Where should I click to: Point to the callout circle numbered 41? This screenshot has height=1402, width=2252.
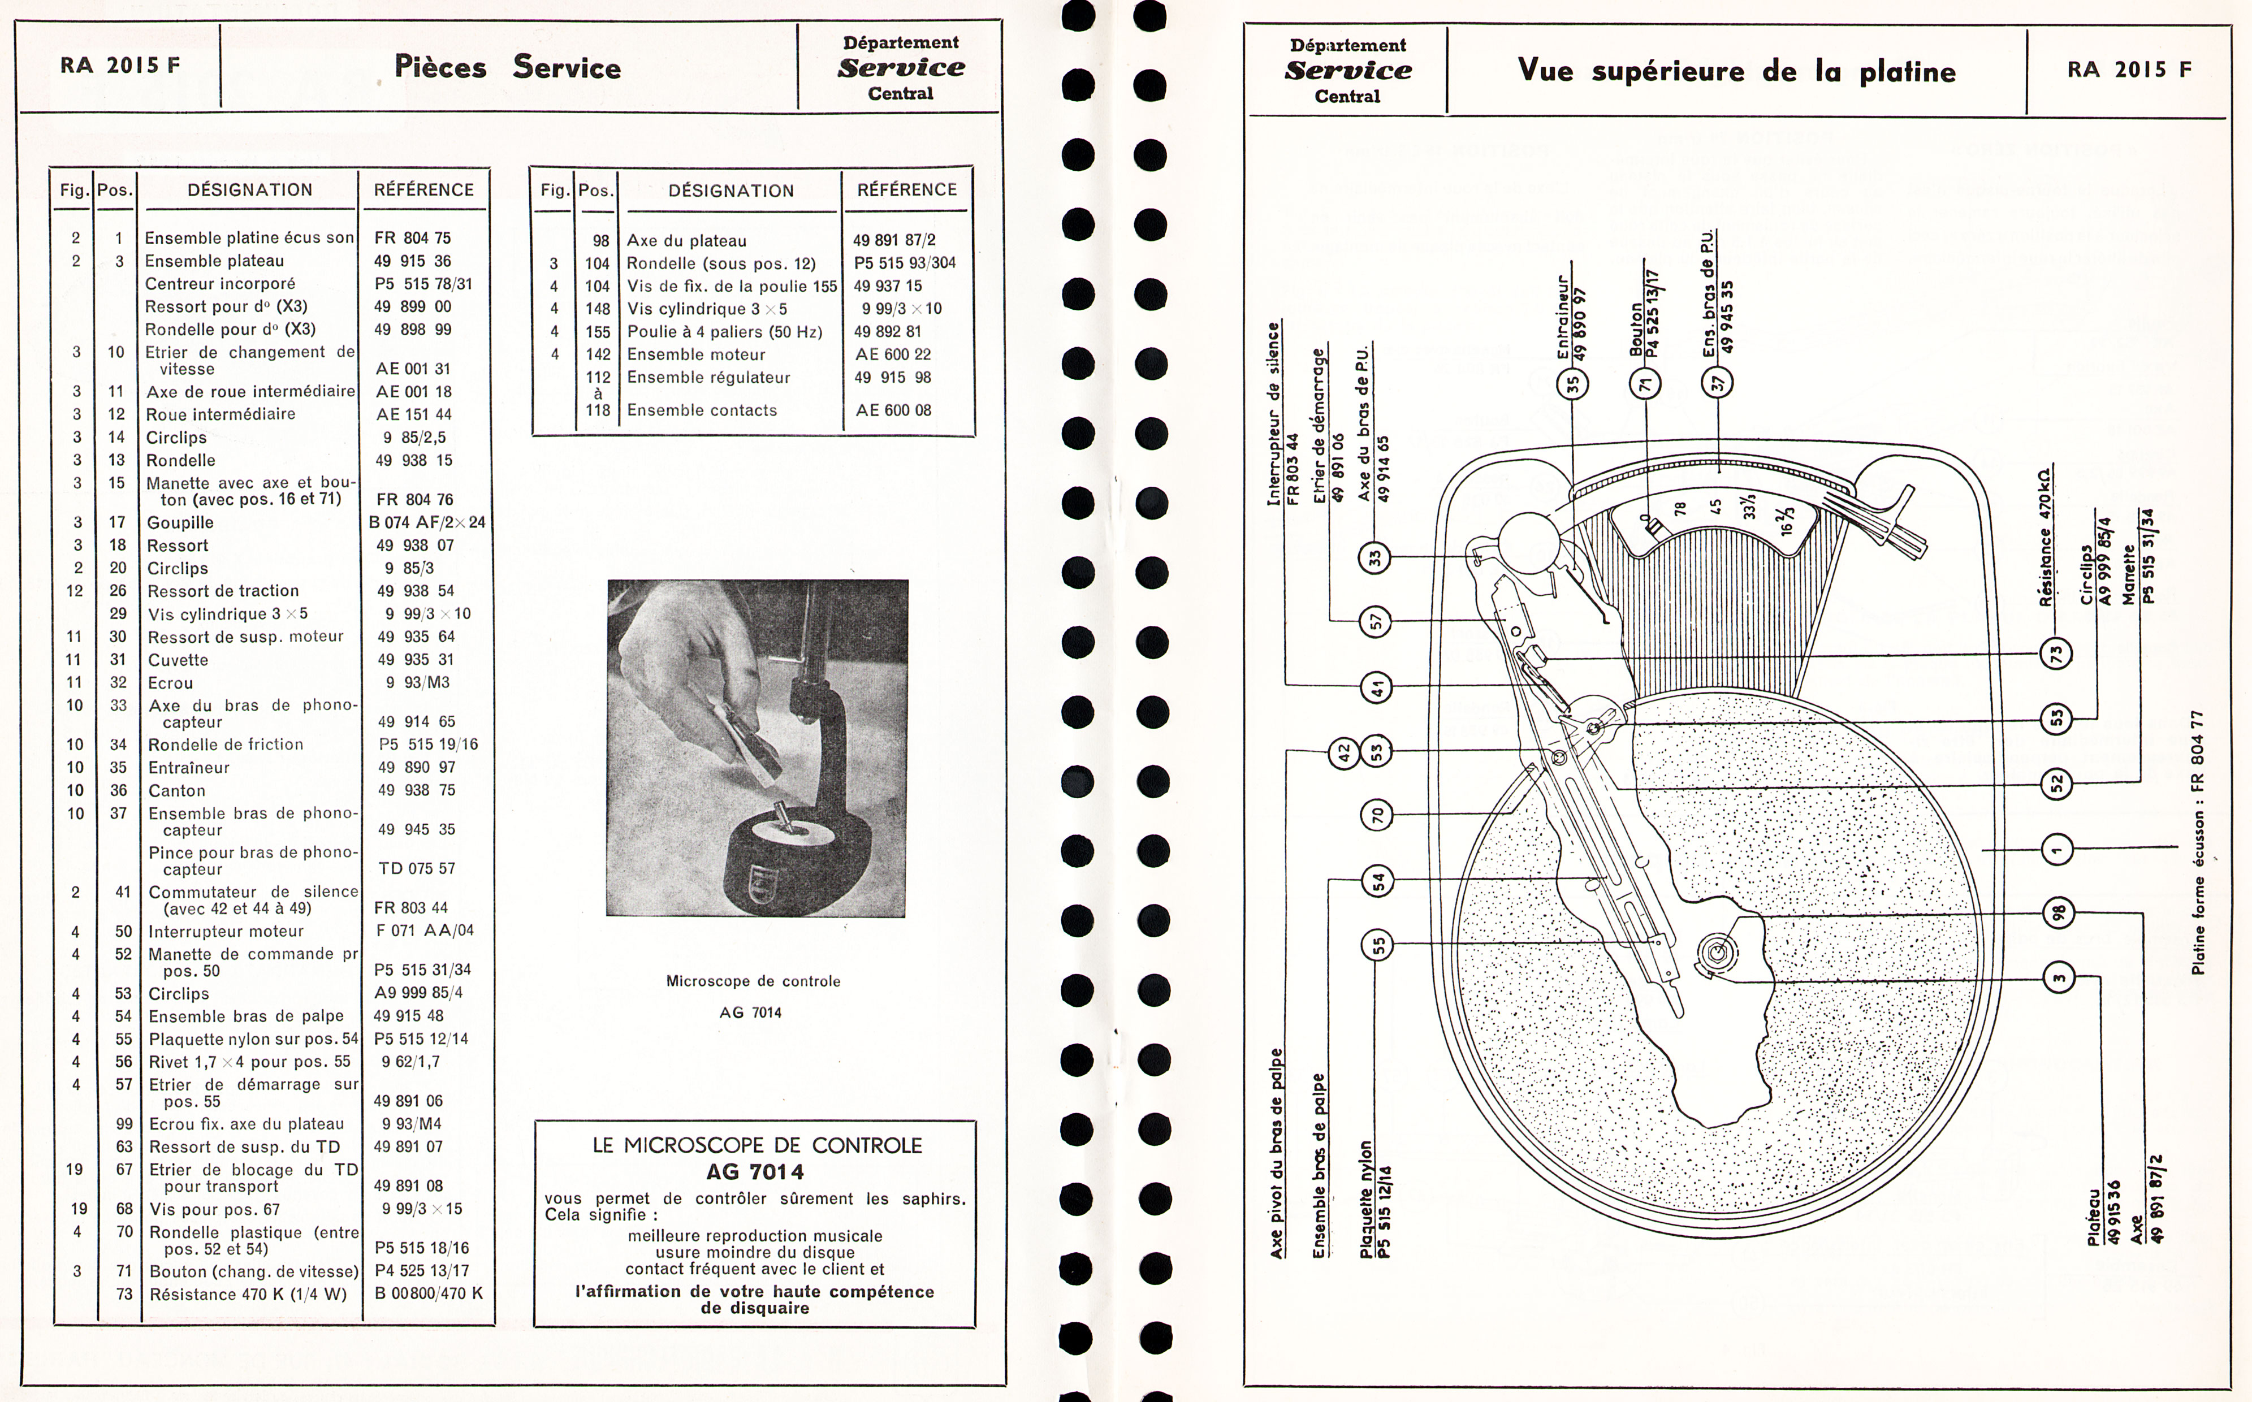[x=1376, y=687]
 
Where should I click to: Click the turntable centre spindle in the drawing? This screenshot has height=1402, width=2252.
[x=1716, y=952]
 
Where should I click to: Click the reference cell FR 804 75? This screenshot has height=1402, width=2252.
[x=413, y=237]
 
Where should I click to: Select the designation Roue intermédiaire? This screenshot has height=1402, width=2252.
[x=221, y=414]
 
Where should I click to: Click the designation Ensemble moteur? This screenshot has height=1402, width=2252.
[x=696, y=354]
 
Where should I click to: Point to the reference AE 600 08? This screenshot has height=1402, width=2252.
[x=893, y=410]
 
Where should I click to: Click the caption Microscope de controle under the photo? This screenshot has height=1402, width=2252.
[x=753, y=981]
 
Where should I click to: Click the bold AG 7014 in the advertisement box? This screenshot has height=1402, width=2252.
[x=755, y=1171]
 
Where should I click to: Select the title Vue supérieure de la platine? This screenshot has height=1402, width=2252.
[x=1736, y=71]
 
